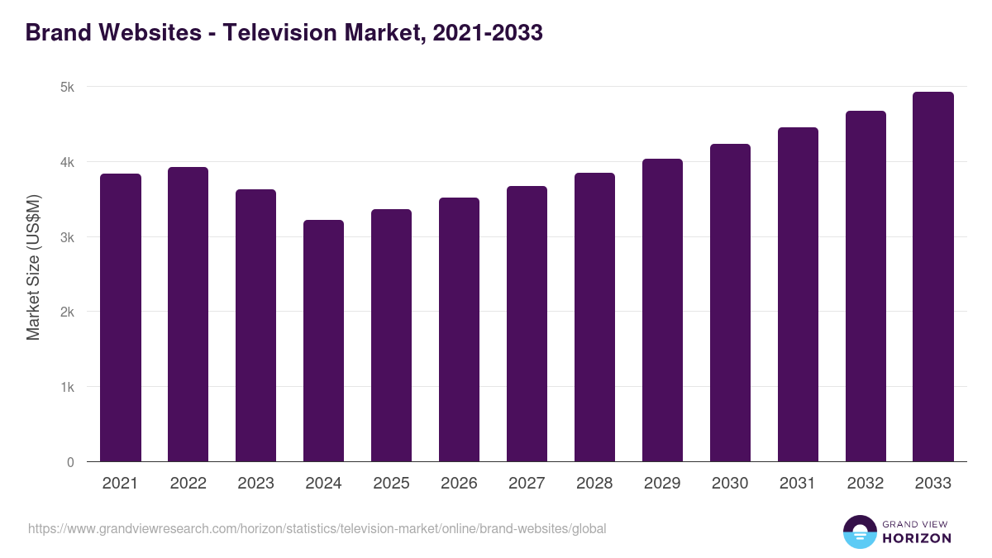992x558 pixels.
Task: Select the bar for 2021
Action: (121, 317)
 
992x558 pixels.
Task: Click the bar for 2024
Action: (324, 341)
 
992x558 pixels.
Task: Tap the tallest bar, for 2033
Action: (933, 277)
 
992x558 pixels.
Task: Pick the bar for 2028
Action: (594, 317)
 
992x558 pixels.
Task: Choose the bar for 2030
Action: (730, 303)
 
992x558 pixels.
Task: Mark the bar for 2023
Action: (256, 326)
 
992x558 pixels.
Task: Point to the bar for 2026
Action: (459, 330)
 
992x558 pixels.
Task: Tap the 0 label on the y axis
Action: (70, 463)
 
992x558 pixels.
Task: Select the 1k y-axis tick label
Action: (67, 388)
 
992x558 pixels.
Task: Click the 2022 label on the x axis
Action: (188, 484)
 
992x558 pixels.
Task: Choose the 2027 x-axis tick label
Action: (527, 484)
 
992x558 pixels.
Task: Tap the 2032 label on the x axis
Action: (866, 484)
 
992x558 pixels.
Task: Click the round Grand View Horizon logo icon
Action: (859, 532)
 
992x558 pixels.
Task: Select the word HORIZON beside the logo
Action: (917, 538)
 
